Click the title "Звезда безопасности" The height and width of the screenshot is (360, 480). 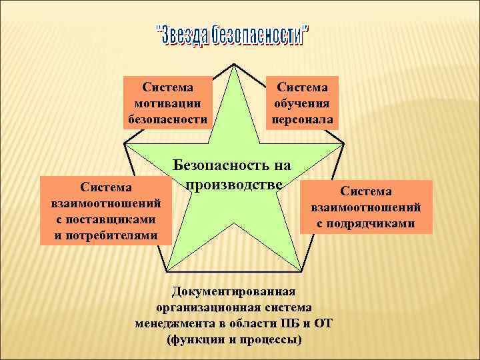point(233,35)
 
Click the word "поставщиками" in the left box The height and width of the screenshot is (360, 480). point(106,219)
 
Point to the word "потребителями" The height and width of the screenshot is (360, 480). point(106,235)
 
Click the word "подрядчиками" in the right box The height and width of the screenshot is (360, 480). point(366,223)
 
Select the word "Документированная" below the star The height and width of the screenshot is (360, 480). point(233,291)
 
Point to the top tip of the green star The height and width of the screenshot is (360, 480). point(233,65)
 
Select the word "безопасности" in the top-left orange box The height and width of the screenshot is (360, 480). point(167,120)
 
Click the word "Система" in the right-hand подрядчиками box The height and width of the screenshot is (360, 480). point(366,191)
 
